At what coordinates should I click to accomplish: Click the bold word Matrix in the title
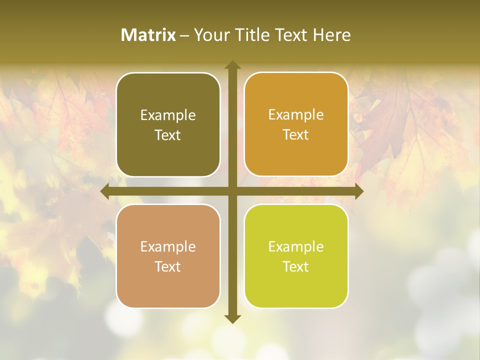[148, 35]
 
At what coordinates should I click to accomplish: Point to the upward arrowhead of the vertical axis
[232, 64]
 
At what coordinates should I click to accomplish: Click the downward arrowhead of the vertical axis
[232, 319]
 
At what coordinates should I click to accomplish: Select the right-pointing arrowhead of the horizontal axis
[358, 191]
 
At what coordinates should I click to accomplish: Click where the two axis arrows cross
[232, 191]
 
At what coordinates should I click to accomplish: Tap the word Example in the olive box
[168, 115]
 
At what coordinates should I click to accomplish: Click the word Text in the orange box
[296, 135]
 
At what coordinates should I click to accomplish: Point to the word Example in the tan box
[168, 247]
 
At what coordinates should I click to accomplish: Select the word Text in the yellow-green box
[296, 267]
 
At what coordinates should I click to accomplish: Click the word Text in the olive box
[168, 135]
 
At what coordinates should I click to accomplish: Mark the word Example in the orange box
[296, 115]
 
